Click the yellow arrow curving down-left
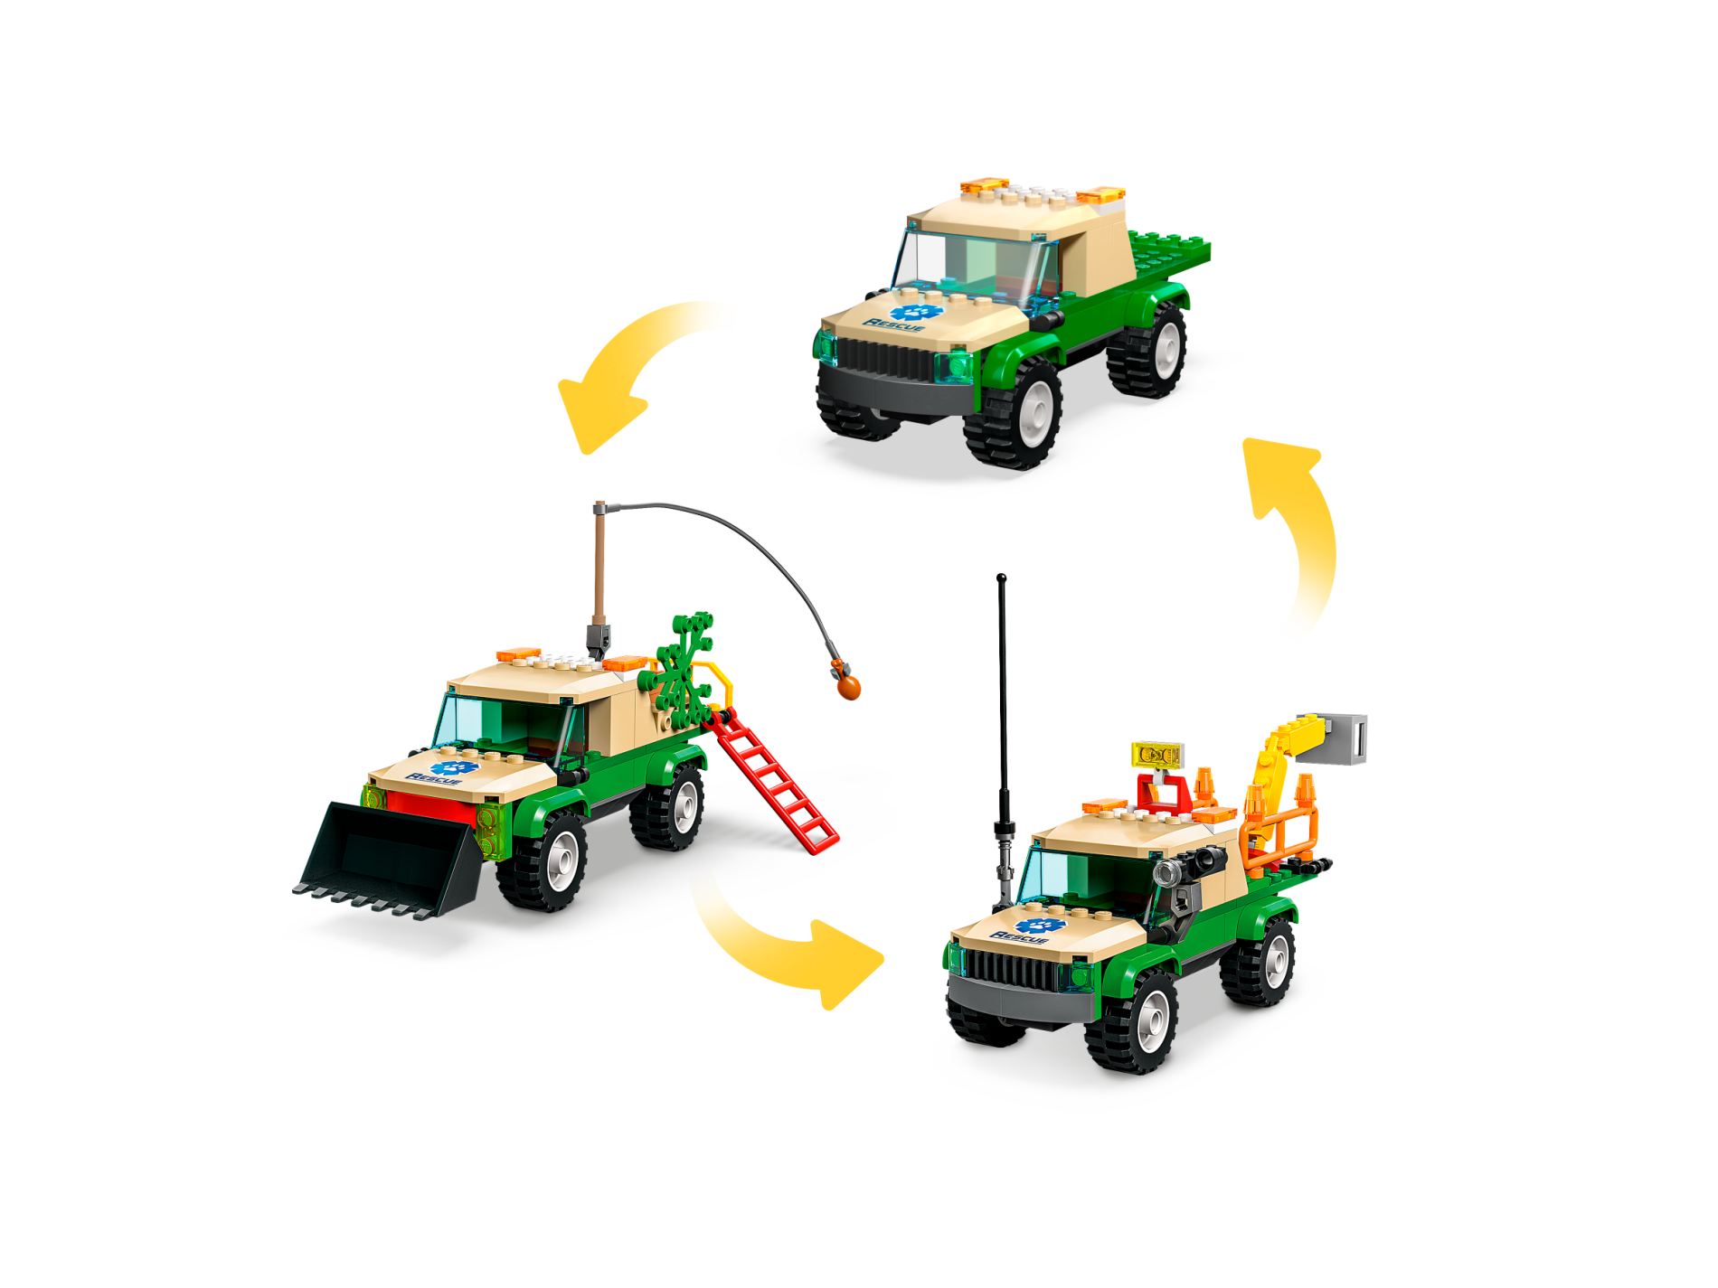click(624, 371)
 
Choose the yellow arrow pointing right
click(787, 949)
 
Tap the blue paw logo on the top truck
click(916, 312)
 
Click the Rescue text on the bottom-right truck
click(1019, 937)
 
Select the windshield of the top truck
click(972, 262)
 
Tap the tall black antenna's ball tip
click(1001, 578)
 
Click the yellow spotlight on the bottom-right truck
click(1157, 754)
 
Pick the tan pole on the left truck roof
click(599, 565)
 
